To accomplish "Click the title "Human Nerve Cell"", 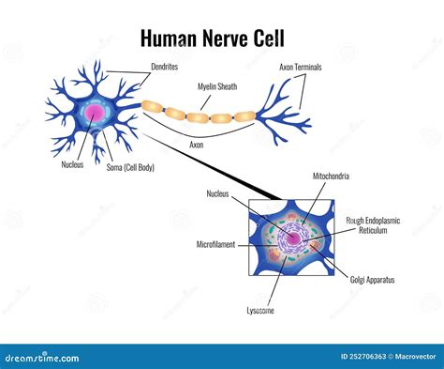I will (221, 38).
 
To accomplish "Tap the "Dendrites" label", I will (166, 68).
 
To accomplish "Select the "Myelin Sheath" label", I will (216, 86).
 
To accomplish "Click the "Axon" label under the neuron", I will (198, 146).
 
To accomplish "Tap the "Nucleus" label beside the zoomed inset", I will (217, 194).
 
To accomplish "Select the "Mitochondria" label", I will (333, 176).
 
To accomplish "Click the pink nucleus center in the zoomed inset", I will (294, 240).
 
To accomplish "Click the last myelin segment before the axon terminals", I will (245, 116).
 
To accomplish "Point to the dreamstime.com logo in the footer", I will (42, 358).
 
